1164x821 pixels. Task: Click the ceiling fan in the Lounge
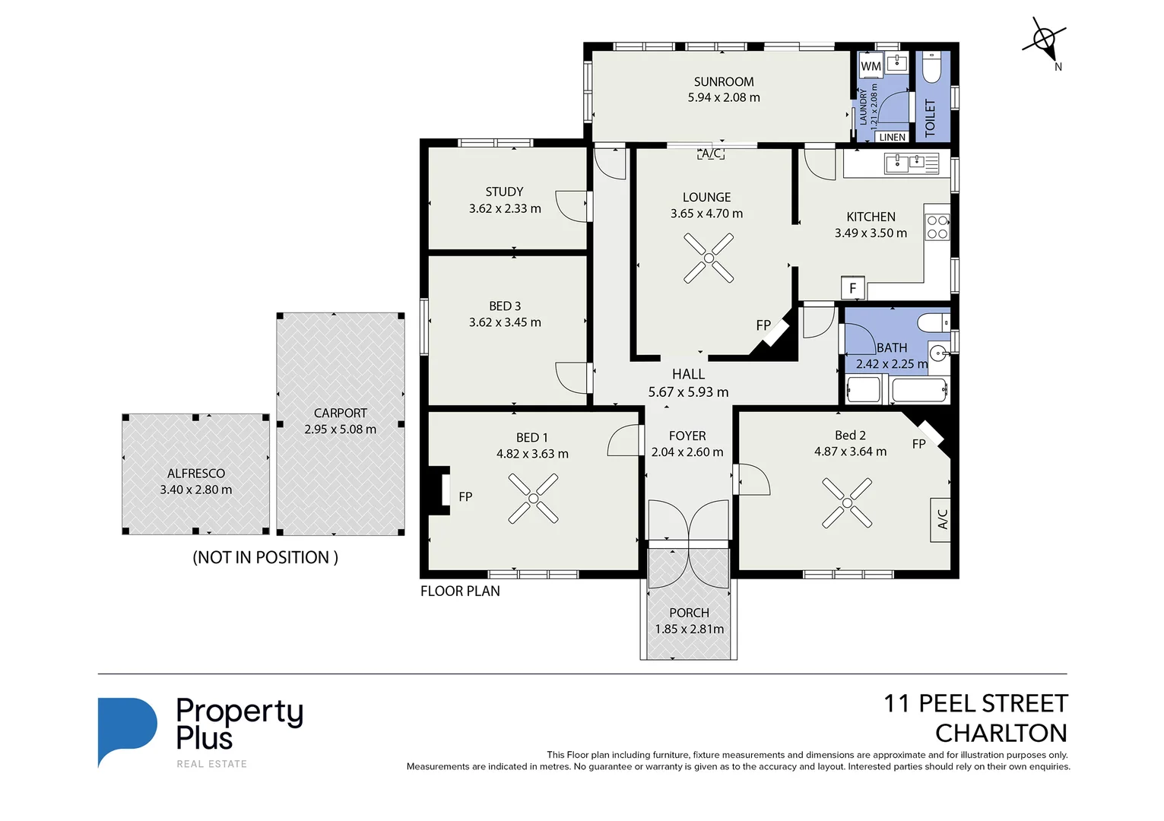(709, 258)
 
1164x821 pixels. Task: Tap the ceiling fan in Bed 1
(533, 499)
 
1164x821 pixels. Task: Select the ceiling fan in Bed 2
(847, 502)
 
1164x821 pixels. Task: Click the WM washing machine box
(871, 66)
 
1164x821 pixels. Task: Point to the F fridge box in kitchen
(852, 288)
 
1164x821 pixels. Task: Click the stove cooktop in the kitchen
(937, 227)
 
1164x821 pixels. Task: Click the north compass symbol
(1045, 40)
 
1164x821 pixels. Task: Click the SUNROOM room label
(724, 81)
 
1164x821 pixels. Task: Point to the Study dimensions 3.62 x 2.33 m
(505, 208)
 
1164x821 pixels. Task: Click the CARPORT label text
(340, 413)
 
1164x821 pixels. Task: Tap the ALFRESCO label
(196, 473)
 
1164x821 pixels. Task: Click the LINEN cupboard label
(892, 138)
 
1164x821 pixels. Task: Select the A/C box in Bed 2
(942, 519)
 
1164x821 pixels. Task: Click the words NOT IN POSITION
(265, 557)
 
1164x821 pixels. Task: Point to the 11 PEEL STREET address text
(975, 703)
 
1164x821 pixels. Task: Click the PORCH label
(689, 613)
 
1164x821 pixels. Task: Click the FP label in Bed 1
(465, 496)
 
